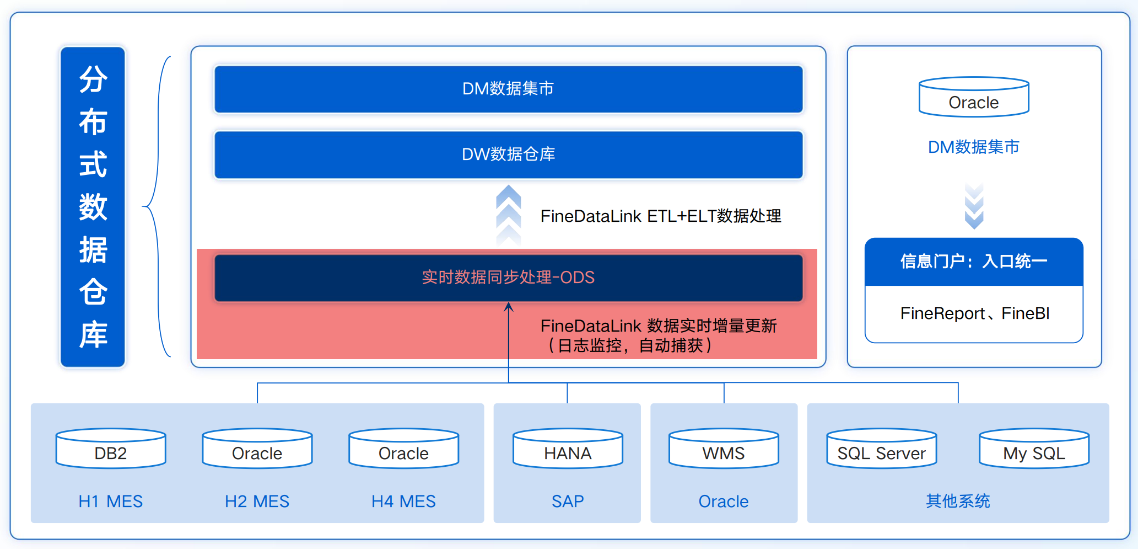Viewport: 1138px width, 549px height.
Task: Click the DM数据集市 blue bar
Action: [x=508, y=89]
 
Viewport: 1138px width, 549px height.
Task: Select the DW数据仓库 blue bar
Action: [x=508, y=154]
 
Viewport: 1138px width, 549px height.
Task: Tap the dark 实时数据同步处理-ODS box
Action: [x=508, y=278]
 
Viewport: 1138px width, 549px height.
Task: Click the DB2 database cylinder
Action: [x=111, y=448]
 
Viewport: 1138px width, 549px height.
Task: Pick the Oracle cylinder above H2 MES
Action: [x=257, y=448]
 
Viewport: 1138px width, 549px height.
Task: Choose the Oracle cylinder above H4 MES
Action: [x=404, y=448]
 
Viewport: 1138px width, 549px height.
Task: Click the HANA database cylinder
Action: [x=568, y=448]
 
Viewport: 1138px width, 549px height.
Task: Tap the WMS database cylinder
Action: [x=724, y=448]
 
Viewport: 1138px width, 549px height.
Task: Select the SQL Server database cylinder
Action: [x=882, y=448]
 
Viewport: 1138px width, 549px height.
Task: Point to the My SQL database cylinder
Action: [x=1034, y=448]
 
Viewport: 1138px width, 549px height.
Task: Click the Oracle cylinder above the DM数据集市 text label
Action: [x=974, y=97]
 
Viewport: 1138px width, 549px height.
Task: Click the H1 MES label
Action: [x=111, y=501]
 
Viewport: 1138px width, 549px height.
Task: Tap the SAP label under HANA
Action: [x=568, y=501]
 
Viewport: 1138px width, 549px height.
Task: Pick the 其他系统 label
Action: [x=958, y=501]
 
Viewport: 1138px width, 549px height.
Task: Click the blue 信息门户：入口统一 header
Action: [x=974, y=262]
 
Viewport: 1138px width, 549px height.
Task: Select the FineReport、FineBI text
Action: [x=975, y=313]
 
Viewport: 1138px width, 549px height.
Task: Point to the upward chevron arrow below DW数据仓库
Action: [x=508, y=215]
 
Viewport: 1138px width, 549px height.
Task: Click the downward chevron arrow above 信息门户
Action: [x=974, y=206]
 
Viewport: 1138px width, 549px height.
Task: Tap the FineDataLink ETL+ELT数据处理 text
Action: [x=661, y=216]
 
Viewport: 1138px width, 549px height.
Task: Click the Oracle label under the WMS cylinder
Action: [x=724, y=501]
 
